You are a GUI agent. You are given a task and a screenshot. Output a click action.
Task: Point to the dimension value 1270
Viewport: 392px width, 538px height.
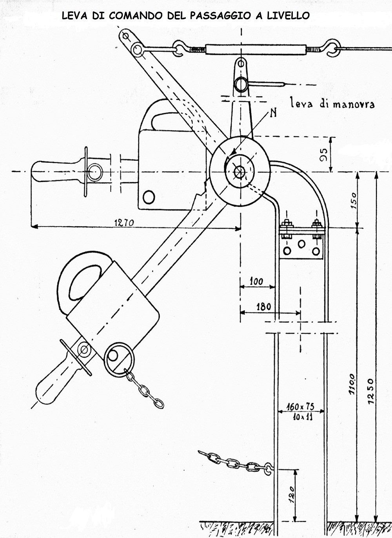pyautogui.click(x=124, y=222)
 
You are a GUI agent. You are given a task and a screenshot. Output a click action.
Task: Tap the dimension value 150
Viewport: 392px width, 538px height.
pyautogui.click(x=352, y=200)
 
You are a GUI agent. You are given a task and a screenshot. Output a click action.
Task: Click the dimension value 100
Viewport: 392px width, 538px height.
pyautogui.click(x=256, y=281)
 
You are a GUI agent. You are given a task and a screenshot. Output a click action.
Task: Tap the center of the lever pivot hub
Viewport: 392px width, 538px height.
pyautogui.click(x=239, y=171)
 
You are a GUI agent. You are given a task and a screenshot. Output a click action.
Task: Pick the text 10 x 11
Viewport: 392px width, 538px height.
pyautogui.click(x=301, y=417)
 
